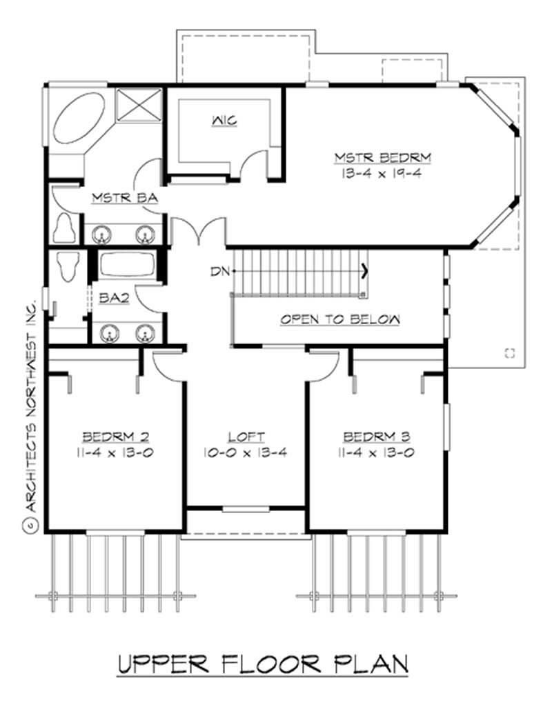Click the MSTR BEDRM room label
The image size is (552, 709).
tap(382, 158)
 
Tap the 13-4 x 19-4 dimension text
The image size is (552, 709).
tap(382, 174)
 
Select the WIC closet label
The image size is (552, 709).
tap(224, 121)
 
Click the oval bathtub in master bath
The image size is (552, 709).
tap(78, 117)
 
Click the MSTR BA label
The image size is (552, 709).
tap(126, 199)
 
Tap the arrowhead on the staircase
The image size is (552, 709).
tap(364, 271)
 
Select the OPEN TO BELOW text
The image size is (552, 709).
tap(339, 319)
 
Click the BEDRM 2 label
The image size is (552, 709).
tap(115, 437)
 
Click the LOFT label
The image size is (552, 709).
tap(246, 437)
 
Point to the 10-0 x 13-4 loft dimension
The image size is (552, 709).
tap(246, 452)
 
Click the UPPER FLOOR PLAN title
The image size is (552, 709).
tap(263, 663)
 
